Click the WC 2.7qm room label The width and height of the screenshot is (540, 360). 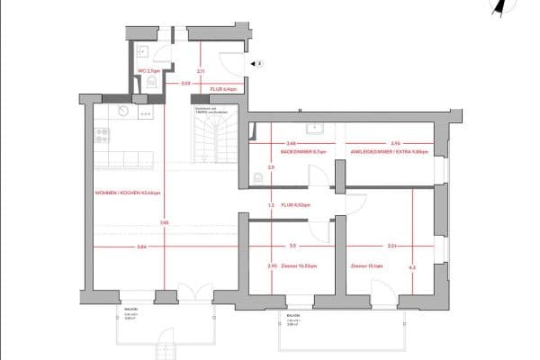pos(148,69)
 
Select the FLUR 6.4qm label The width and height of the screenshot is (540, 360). pos(222,90)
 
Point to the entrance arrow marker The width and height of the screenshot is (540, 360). pos(257,64)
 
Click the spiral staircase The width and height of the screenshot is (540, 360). pos(213,134)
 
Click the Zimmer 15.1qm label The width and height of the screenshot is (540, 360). pos(367,266)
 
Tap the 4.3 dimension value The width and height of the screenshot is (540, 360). pos(411,266)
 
